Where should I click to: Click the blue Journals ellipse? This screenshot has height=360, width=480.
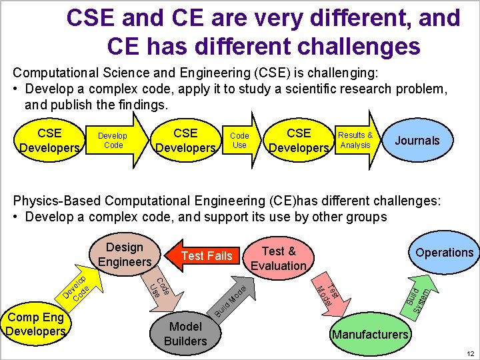[x=417, y=141]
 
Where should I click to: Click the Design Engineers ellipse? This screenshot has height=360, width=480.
[x=125, y=254]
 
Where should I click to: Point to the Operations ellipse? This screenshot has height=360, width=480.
[x=444, y=252]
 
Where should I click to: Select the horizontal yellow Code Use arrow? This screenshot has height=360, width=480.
[x=241, y=141]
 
